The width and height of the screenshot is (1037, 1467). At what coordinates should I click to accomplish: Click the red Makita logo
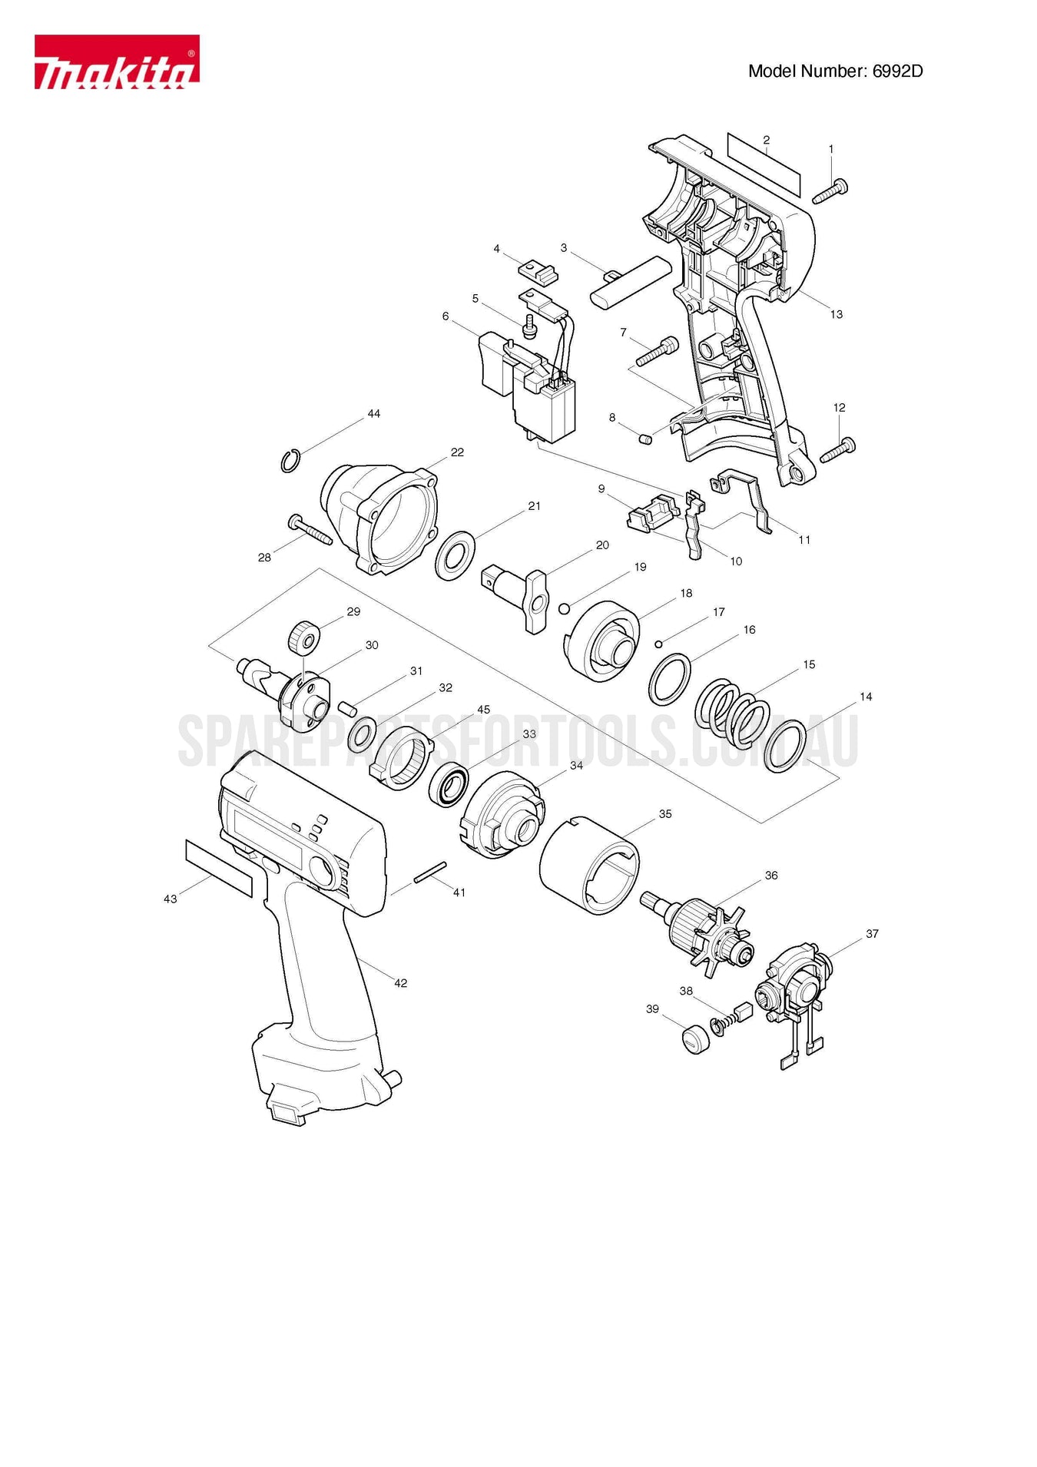tap(116, 61)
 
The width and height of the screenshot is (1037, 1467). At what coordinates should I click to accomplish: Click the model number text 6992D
tap(896, 71)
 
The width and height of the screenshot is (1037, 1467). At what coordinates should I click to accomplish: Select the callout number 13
tap(836, 314)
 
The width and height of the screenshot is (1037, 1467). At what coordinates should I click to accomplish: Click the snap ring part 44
tap(289, 462)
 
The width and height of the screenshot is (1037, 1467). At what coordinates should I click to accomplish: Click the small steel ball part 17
tap(659, 643)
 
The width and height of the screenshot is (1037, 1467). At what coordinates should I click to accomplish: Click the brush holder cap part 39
tap(696, 1038)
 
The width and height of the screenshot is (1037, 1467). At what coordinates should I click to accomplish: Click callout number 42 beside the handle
tap(400, 983)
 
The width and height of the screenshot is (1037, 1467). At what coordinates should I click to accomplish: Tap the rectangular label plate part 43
tap(219, 868)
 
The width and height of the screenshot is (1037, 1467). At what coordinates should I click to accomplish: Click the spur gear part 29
tap(304, 637)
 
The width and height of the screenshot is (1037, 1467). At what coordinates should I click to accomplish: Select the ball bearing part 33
tap(449, 786)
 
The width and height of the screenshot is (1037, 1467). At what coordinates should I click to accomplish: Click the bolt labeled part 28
tap(310, 530)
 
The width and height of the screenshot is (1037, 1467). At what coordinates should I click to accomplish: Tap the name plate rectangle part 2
tap(764, 164)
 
